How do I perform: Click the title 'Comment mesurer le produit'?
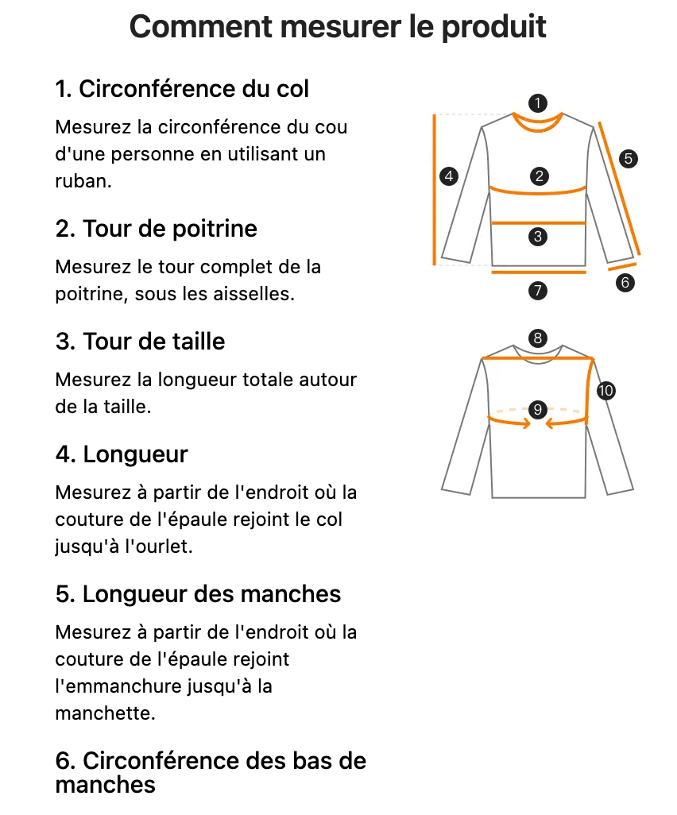(338, 27)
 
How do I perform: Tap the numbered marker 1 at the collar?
(539, 103)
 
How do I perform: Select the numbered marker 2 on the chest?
(539, 176)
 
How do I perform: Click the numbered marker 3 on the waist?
(539, 236)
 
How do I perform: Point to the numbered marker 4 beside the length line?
(450, 176)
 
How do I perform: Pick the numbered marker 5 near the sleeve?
(629, 158)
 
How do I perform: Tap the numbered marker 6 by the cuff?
(625, 282)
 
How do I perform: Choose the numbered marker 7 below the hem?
(538, 291)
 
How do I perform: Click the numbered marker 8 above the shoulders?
(538, 338)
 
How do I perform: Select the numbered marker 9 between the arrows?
(538, 410)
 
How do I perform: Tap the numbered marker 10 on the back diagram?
(606, 390)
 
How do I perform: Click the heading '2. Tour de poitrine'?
(157, 230)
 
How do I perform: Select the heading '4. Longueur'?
(122, 455)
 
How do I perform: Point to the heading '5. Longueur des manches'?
(198, 594)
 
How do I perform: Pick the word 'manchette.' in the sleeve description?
(104, 713)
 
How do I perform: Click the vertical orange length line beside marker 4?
(435, 189)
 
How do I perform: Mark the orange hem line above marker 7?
(539, 271)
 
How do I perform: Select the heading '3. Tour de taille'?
(141, 342)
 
